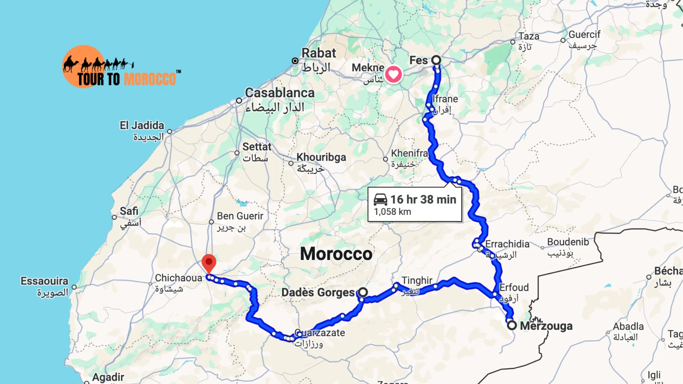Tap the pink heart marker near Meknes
393,74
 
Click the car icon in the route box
380,199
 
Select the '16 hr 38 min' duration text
423,199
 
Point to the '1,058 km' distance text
392,212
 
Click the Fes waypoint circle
436,60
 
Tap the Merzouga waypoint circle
512,325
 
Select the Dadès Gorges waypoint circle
362,292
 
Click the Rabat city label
318,53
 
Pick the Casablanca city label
280,93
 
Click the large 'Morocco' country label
336,254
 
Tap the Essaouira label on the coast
44,281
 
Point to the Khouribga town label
321,157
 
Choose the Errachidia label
507,244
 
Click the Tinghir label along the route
417,281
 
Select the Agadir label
108,377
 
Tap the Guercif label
584,34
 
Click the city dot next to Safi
114,217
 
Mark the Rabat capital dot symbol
295,61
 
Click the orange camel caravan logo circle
84,66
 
